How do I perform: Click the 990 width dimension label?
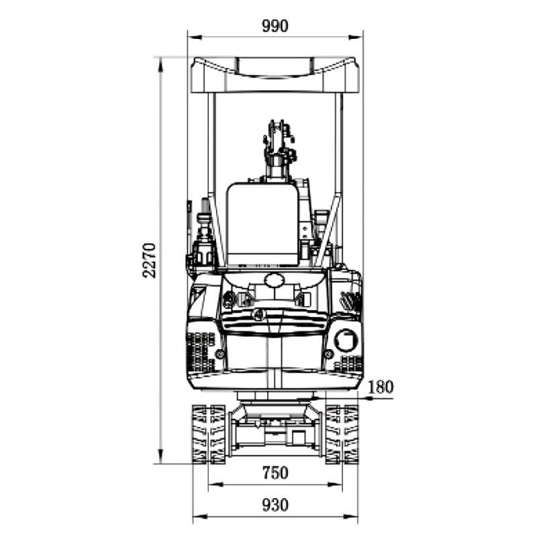275,26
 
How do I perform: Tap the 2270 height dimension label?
150,260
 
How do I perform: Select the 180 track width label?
380,387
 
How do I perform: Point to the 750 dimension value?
275,473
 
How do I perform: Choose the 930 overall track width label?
275,505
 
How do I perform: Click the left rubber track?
208,434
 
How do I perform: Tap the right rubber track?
342,434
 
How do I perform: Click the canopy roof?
275,75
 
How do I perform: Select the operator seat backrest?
262,224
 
